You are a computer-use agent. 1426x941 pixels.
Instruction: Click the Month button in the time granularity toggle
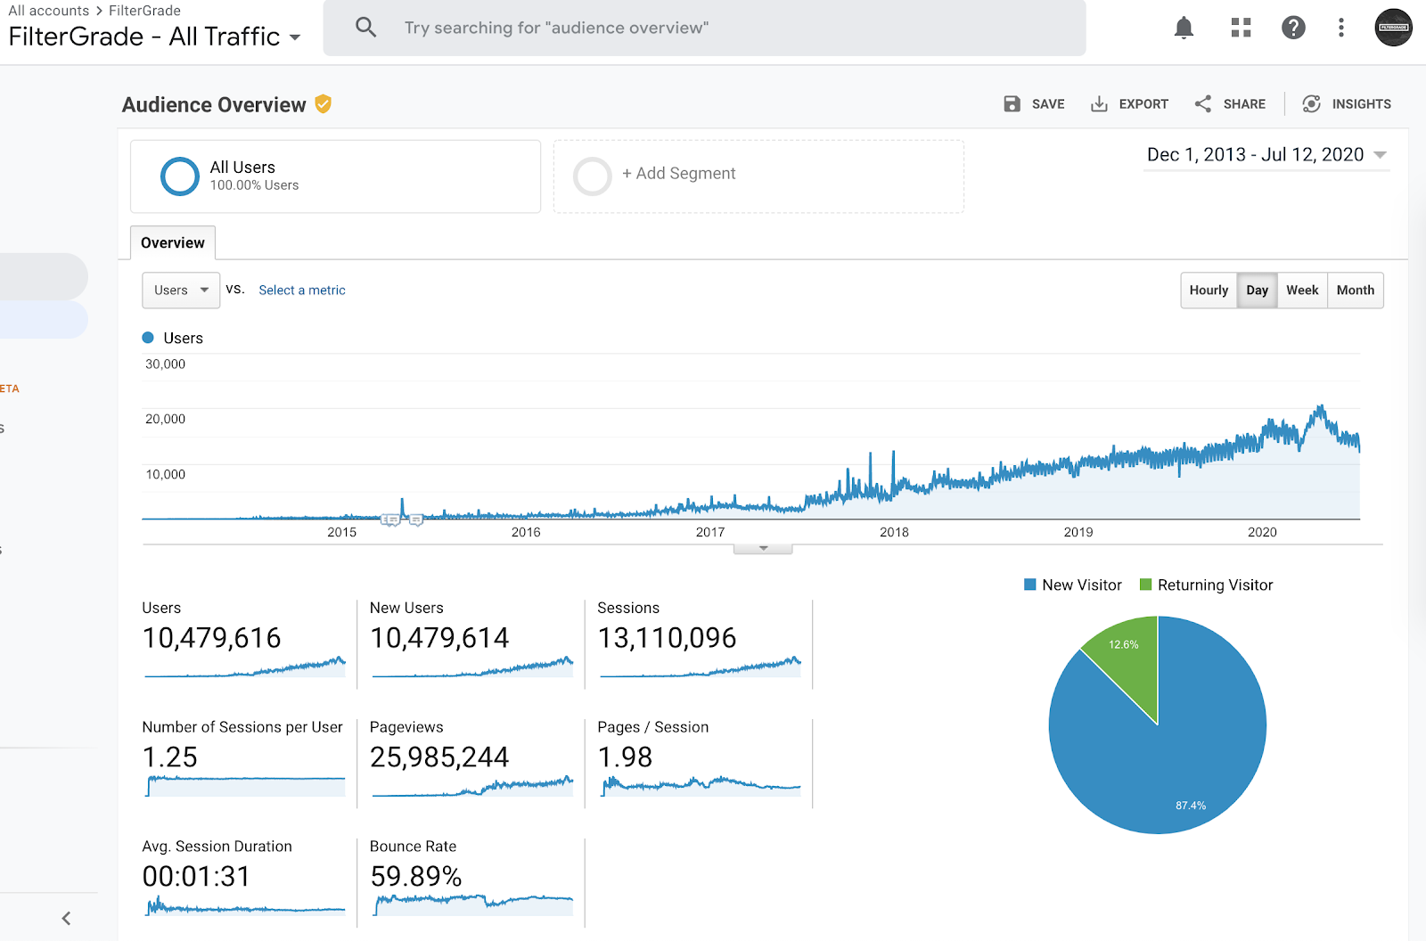click(1356, 290)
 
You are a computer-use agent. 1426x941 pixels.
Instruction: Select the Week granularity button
click(1302, 290)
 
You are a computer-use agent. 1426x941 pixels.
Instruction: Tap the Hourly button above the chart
click(1209, 290)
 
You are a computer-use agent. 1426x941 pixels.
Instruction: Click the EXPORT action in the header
click(1130, 103)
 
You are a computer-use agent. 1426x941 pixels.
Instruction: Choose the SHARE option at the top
click(1230, 103)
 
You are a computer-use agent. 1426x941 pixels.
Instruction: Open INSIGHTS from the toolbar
click(1347, 103)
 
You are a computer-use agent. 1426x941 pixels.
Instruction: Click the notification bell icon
click(1184, 28)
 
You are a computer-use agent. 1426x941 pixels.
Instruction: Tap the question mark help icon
click(1293, 28)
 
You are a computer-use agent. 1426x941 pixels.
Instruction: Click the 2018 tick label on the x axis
click(894, 532)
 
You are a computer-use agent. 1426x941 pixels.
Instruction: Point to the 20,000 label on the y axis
click(165, 419)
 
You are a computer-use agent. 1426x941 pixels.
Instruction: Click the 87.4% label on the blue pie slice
click(1191, 806)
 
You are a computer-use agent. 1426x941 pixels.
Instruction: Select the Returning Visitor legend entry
click(1207, 585)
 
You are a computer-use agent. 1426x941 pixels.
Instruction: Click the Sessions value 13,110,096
click(667, 638)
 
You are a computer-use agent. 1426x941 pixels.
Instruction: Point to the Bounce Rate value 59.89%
click(415, 877)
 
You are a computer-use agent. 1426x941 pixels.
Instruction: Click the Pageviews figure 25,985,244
click(439, 757)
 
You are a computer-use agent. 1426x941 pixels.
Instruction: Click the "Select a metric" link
click(302, 290)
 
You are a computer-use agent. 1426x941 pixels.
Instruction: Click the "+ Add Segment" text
click(678, 173)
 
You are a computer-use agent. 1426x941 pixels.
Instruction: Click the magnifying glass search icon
click(365, 28)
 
